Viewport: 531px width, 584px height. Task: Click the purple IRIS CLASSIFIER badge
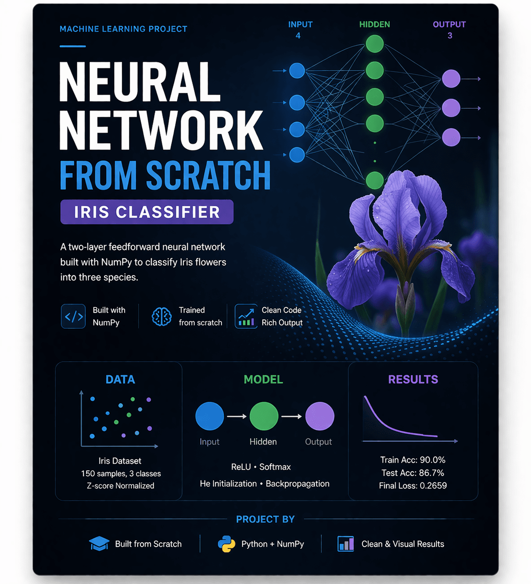(x=147, y=212)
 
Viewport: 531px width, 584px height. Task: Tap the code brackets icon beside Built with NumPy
(x=73, y=316)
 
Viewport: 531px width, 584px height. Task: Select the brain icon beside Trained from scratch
(x=162, y=317)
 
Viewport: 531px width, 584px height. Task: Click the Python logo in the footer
(x=226, y=544)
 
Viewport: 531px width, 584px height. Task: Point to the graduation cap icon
(x=99, y=544)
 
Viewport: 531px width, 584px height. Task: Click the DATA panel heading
(x=120, y=379)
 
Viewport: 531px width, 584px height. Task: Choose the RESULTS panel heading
(x=413, y=379)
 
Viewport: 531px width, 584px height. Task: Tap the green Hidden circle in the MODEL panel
(x=264, y=416)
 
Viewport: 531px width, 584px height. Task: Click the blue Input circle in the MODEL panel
(x=210, y=416)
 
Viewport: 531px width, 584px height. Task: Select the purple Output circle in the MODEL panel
(x=320, y=416)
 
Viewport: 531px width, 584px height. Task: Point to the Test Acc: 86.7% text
(x=412, y=473)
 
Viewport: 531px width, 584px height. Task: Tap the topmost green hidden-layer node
(x=375, y=44)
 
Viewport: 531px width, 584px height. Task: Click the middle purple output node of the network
(x=451, y=108)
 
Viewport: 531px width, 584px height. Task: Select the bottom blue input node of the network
(x=297, y=155)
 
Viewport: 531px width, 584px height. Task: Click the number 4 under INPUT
(x=298, y=36)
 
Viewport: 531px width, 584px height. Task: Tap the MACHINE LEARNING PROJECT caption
(x=123, y=29)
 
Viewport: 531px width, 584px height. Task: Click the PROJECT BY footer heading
(x=265, y=519)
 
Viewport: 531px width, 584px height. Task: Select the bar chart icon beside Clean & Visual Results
(x=345, y=544)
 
